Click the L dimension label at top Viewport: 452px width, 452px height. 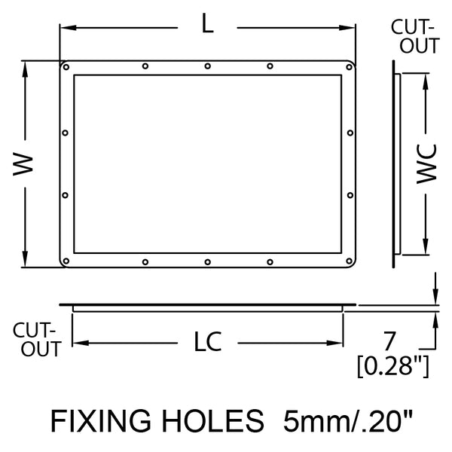(x=207, y=23)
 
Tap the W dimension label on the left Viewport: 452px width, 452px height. (x=23, y=164)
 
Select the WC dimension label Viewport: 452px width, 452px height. (x=426, y=163)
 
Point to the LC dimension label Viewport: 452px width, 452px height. (x=208, y=341)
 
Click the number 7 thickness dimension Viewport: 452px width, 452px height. (x=389, y=341)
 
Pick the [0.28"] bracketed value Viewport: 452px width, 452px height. (x=393, y=366)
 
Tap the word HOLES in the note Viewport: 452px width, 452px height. (x=212, y=420)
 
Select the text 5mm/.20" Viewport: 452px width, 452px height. (x=348, y=420)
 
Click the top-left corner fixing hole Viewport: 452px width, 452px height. (x=66, y=67)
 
